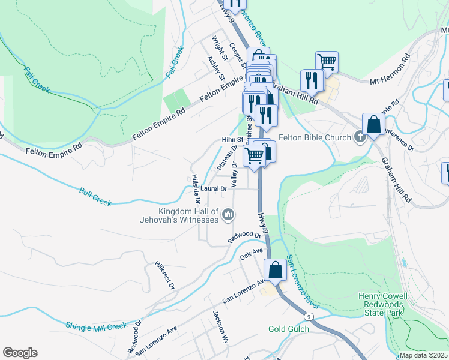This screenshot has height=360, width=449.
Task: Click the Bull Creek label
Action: pos(95,197)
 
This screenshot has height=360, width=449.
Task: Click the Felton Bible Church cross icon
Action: pos(360,137)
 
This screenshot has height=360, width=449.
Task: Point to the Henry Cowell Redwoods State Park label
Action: pos(382,304)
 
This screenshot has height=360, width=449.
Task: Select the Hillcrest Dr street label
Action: pos(164,275)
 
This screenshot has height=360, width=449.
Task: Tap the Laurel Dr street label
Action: pos(214,188)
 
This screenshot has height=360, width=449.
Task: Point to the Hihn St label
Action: pos(231,139)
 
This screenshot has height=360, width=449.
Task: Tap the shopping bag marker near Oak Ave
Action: pos(276,270)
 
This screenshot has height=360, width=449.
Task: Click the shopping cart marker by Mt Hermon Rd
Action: pos(327,61)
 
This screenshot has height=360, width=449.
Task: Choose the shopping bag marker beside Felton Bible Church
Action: pos(373,124)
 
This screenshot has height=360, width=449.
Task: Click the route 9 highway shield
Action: pos(308,316)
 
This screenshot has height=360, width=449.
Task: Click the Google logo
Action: pos(20,353)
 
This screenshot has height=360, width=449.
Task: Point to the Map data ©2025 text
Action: pos(423,355)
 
